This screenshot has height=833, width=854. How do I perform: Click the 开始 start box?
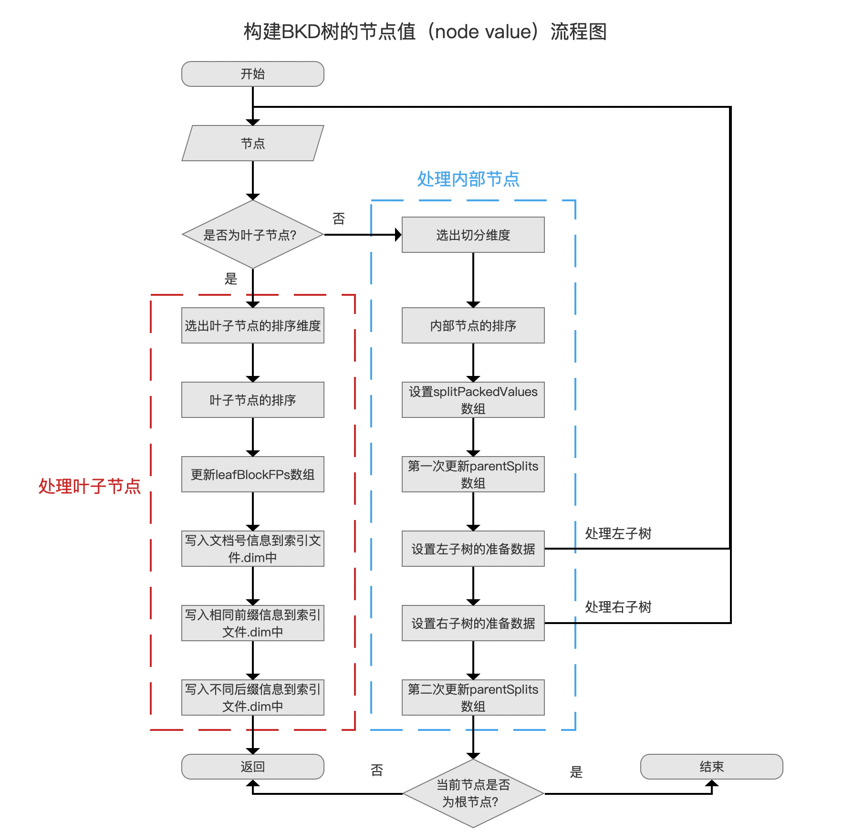[x=253, y=74]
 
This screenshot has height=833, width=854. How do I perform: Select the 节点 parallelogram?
[x=253, y=143]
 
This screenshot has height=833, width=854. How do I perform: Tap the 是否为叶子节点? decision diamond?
[x=253, y=235]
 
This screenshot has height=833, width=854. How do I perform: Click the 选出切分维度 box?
[x=473, y=235]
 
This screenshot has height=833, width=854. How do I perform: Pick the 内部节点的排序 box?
[x=473, y=325]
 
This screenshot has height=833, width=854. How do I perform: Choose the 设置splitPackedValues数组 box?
[x=473, y=400]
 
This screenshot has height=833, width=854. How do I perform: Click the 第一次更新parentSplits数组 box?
[x=473, y=474]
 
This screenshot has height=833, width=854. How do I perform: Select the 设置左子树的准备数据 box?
[x=473, y=549]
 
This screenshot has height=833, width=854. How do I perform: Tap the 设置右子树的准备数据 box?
[x=473, y=623]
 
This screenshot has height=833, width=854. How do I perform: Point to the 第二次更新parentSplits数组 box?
[x=473, y=698]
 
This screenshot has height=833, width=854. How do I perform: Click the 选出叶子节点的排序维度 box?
[x=253, y=325]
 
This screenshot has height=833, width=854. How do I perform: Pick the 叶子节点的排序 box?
[x=253, y=400]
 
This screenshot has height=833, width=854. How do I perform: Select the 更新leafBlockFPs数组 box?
[x=253, y=474]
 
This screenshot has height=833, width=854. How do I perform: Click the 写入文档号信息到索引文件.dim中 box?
[x=253, y=549]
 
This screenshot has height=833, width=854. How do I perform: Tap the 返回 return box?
[x=253, y=767]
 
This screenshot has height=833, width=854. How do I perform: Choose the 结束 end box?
[x=712, y=767]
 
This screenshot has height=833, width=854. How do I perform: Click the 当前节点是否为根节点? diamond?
[x=473, y=793]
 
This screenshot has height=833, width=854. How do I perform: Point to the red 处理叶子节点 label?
[x=90, y=486]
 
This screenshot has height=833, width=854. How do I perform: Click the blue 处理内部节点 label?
[x=469, y=179]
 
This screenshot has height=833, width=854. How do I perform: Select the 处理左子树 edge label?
[x=618, y=533]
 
